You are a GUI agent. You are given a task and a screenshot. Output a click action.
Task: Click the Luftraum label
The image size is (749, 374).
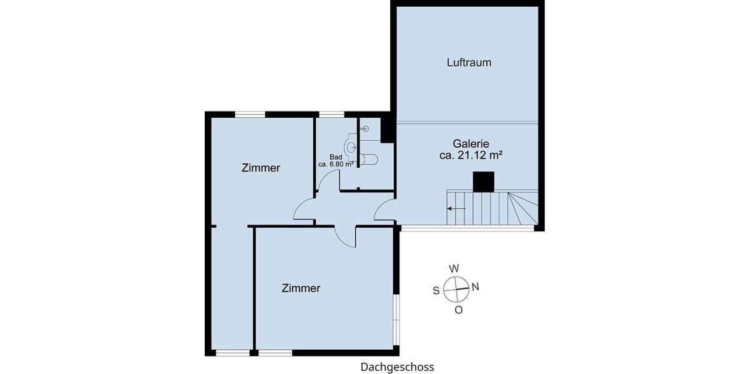click(469, 62)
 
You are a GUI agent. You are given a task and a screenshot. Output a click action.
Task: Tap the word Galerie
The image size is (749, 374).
click(471, 143)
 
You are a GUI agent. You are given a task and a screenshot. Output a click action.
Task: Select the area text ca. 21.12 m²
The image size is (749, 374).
click(471, 156)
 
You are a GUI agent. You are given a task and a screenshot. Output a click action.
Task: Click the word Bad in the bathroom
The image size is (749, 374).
click(336, 157)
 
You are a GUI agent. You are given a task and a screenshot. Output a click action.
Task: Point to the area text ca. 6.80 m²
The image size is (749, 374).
click(336, 165)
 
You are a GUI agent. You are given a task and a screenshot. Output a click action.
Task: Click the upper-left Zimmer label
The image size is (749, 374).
click(260, 168)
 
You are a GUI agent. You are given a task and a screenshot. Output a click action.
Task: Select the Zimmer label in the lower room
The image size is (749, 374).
click(301, 288)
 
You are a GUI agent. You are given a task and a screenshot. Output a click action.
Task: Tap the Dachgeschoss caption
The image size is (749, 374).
click(397, 367)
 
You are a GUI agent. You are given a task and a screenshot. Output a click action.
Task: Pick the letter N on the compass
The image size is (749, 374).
click(475, 287)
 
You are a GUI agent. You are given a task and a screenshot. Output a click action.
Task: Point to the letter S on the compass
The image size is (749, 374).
click(436, 290)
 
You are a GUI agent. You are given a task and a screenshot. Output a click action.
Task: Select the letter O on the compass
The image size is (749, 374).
click(458, 310)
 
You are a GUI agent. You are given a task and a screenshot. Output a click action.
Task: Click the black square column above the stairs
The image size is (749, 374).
click(484, 181)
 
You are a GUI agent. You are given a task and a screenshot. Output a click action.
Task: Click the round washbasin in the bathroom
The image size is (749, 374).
click(351, 148)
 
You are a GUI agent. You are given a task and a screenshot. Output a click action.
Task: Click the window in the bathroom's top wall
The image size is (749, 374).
click(331, 114)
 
